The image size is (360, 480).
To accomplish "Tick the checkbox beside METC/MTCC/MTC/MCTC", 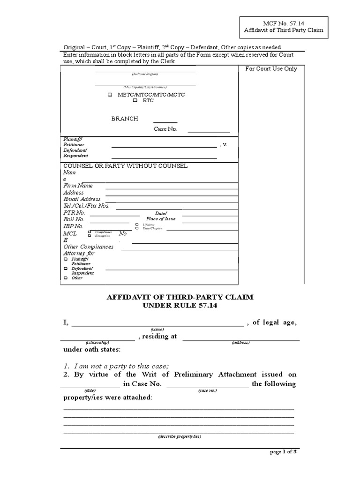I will pyautogui.click(x=110, y=95).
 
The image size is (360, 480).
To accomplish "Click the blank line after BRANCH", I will pyautogui.click(x=165, y=121).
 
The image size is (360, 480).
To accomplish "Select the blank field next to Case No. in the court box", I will pyautogui.click(x=209, y=132).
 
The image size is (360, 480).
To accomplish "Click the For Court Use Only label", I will pyautogui.click(x=271, y=69).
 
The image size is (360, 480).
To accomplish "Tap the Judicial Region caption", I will pyautogui.click(x=145, y=75).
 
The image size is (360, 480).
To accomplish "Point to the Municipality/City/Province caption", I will pyautogui.click(x=145, y=88).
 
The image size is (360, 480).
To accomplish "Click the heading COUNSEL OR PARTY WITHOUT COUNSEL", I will pyautogui.click(x=126, y=166).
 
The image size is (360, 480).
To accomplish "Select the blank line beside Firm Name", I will pyautogui.click(x=171, y=188).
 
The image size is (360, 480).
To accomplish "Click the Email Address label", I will pyautogui.click(x=82, y=199).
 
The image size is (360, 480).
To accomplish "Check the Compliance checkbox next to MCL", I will pyautogui.click(x=90, y=232).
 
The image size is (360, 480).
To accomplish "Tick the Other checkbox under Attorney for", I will pyautogui.click(x=66, y=278).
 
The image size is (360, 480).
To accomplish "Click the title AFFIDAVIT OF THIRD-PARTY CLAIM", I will pyautogui.click(x=180, y=297).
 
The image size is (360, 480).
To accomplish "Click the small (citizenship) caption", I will pyautogui.click(x=97, y=343).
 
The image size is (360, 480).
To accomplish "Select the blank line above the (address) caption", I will pyautogui.click(x=241, y=338).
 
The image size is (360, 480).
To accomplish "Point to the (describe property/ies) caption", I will pyautogui.click(x=180, y=436).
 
